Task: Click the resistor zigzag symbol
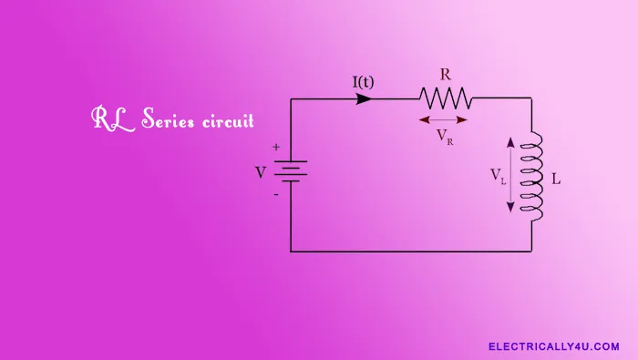coord(445,98)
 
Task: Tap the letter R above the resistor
coord(445,73)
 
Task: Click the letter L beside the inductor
coord(556,180)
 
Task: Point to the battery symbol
coord(292,171)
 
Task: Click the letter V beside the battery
coord(261,172)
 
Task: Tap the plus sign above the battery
coord(276,148)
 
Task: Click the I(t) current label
coord(363,82)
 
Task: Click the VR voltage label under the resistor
coord(445,137)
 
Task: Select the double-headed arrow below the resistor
coord(444,118)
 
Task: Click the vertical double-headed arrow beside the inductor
coord(510,175)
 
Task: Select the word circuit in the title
coord(226,120)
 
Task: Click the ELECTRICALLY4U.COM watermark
coord(553,346)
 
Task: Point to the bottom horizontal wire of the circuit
coord(410,251)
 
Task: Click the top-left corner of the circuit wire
coord(291,98)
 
